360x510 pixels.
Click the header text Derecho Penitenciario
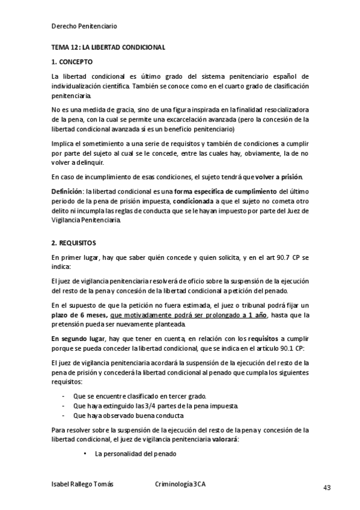(x=84, y=26)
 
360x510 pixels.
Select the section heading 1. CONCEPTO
(x=72, y=62)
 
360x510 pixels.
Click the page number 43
(x=327, y=488)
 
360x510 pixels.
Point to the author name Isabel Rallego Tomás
(x=82, y=484)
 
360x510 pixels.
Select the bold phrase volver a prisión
(x=279, y=177)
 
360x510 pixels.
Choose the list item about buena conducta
(x=128, y=416)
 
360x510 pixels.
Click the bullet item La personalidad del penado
(x=135, y=454)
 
